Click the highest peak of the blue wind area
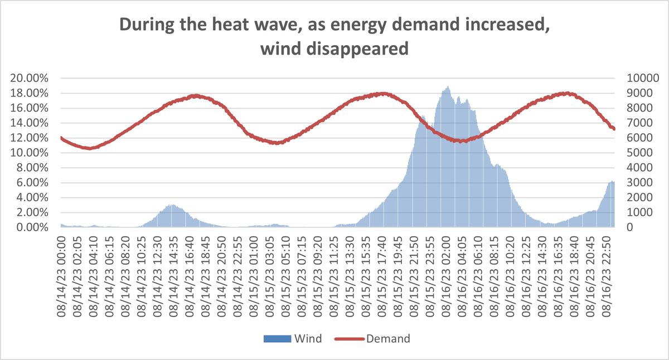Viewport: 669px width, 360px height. click(448, 87)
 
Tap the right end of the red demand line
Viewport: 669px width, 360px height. click(614, 129)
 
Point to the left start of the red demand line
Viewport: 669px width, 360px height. click(61, 138)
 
